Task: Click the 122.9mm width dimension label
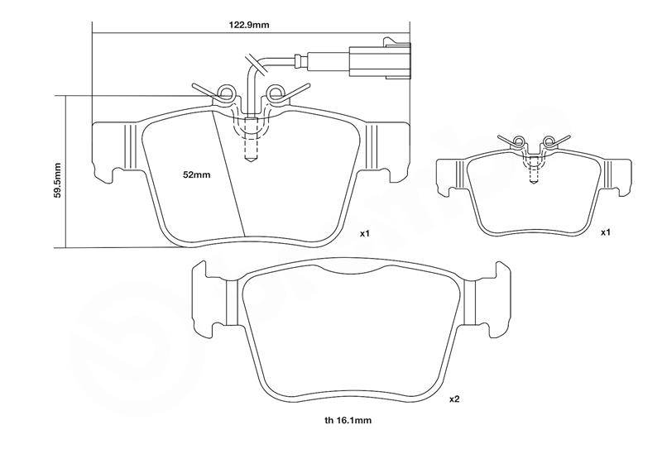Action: coord(249,24)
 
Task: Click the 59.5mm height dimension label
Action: coord(55,171)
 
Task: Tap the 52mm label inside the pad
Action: coord(197,175)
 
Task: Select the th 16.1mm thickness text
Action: coord(348,420)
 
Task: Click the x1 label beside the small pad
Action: coord(605,232)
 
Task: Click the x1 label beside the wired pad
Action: coord(364,233)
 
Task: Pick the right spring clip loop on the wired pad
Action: coord(275,91)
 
